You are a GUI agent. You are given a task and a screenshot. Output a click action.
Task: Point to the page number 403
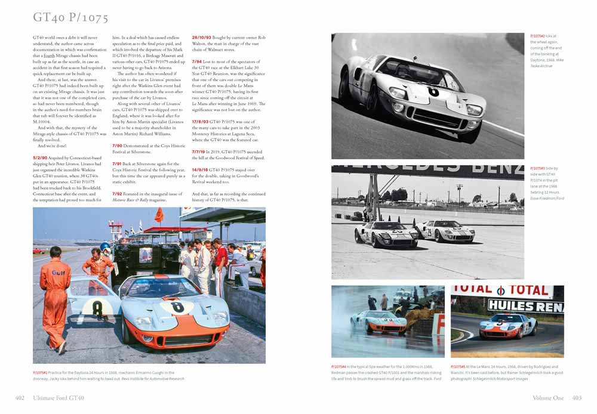point(576,398)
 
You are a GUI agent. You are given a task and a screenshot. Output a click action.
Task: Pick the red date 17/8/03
point(201,122)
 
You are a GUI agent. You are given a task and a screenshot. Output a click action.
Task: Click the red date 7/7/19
point(200,152)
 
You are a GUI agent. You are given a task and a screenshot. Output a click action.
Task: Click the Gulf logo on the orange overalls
point(58,273)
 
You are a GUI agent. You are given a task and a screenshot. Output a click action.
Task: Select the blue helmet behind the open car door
point(106,247)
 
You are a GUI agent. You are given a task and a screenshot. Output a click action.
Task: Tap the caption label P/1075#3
point(539,169)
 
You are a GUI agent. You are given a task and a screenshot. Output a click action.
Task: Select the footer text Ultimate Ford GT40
point(58,398)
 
